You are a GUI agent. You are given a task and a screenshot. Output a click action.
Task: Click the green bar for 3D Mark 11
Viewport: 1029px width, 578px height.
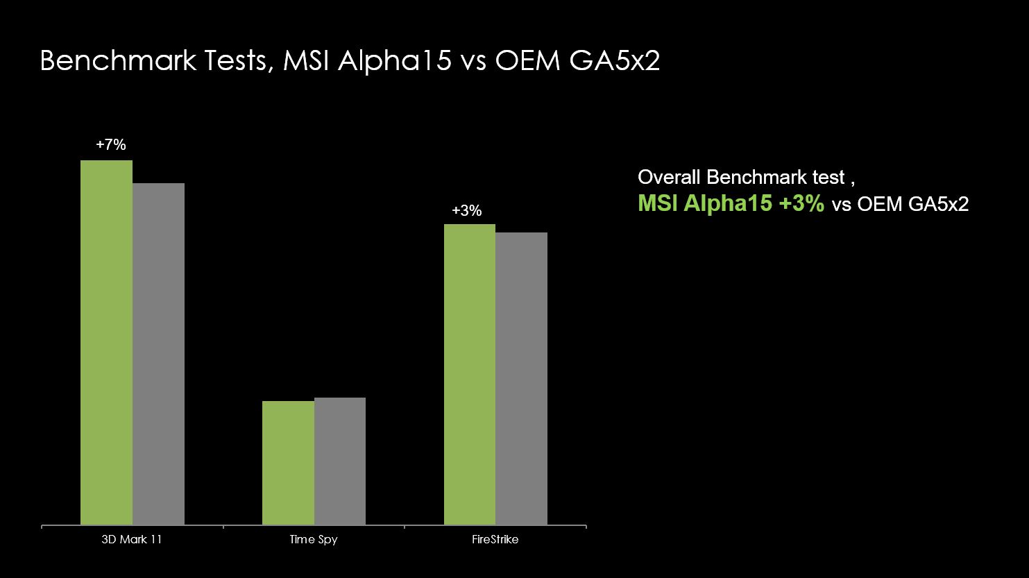click(107, 342)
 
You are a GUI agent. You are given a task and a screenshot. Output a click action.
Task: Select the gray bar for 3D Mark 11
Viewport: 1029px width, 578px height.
click(158, 354)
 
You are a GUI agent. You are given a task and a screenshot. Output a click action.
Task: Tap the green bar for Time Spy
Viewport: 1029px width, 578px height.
click(289, 463)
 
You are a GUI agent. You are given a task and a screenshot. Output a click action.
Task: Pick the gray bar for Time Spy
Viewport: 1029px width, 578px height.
click(340, 461)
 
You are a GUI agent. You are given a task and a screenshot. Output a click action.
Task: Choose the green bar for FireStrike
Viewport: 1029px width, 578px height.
click(470, 375)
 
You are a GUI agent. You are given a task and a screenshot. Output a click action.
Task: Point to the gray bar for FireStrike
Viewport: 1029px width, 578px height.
click(521, 379)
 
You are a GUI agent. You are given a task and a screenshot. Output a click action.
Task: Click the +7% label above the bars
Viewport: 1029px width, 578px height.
click(111, 145)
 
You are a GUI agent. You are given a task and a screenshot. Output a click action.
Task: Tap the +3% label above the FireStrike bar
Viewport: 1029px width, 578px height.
click(467, 210)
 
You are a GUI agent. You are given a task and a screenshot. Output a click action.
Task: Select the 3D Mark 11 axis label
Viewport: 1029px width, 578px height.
click(132, 539)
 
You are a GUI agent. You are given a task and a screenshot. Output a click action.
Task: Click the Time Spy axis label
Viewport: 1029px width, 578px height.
click(314, 540)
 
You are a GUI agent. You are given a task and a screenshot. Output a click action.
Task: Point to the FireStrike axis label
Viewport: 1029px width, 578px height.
click(495, 539)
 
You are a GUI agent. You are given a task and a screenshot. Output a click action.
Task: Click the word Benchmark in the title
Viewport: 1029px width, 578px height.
click(119, 60)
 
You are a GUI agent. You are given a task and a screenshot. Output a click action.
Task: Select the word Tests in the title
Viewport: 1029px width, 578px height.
click(236, 61)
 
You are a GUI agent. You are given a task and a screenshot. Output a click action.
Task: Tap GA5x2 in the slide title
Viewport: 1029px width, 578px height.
click(615, 60)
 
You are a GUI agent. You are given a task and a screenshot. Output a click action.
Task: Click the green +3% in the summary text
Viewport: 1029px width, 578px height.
click(802, 203)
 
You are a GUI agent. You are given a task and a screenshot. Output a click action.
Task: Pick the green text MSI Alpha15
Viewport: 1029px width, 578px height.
click(705, 203)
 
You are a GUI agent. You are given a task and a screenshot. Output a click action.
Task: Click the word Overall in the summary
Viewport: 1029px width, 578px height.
click(670, 177)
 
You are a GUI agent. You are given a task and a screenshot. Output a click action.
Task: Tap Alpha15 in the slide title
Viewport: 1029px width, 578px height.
click(395, 61)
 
